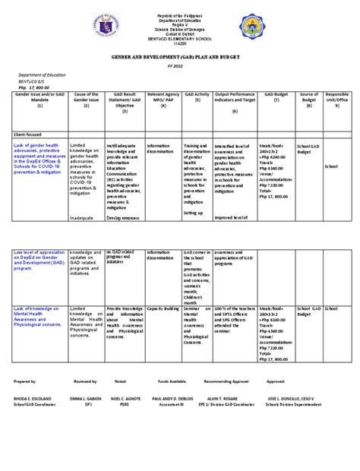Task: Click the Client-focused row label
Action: click(30, 135)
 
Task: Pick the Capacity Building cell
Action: click(162, 310)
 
